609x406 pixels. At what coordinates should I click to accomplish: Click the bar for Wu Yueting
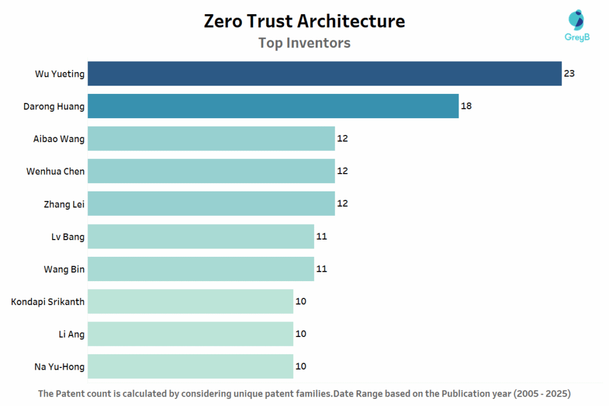pyautogui.click(x=325, y=74)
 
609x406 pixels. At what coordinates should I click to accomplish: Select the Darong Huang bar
pyautogui.click(x=273, y=106)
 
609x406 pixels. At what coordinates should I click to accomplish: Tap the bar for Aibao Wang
pyautogui.click(x=211, y=139)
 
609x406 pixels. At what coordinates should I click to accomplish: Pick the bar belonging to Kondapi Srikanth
pyautogui.click(x=190, y=301)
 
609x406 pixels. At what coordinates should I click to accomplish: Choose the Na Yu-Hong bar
pyautogui.click(x=190, y=366)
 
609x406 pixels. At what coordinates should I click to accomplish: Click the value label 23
pyautogui.click(x=569, y=74)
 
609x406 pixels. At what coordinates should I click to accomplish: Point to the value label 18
pyautogui.click(x=466, y=106)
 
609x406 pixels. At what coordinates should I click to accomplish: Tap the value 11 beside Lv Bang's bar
pyautogui.click(x=321, y=237)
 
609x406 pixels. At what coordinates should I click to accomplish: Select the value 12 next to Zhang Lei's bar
pyautogui.click(x=342, y=204)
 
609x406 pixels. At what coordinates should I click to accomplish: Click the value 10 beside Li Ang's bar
pyautogui.click(x=300, y=334)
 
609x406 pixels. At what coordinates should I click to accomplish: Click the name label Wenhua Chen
pyautogui.click(x=55, y=172)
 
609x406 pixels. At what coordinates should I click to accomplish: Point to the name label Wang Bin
pyautogui.click(x=64, y=269)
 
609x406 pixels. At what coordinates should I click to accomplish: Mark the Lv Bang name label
pyautogui.click(x=68, y=237)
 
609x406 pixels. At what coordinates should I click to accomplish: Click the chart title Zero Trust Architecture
pyautogui.click(x=304, y=21)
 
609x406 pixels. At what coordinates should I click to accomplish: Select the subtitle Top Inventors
pyautogui.click(x=304, y=43)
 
